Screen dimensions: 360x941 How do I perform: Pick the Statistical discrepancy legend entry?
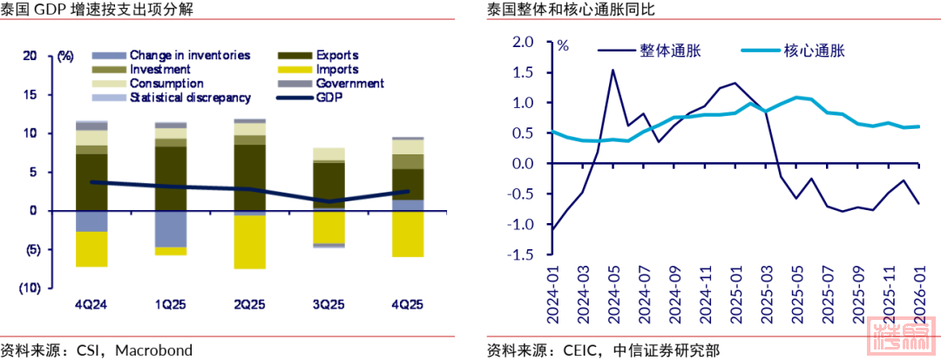pyautogui.click(x=190, y=98)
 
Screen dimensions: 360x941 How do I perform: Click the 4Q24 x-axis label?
pyautogui.click(x=91, y=305)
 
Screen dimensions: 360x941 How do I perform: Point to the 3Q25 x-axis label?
pyautogui.click(x=328, y=305)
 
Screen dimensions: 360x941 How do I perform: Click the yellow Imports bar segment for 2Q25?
pyautogui.click(x=249, y=242)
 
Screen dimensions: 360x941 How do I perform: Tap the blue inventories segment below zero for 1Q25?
pyautogui.click(x=171, y=229)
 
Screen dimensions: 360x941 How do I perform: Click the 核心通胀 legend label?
pyautogui.click(x=815, y=51)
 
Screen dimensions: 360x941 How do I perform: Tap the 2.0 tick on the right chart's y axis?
pyautogui.click(x=522, y=42)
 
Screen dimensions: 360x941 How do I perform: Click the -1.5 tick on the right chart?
pyautogui.click(x=520, y=255)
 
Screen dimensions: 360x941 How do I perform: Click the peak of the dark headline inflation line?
pyautogui.click(x=613, y=70)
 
